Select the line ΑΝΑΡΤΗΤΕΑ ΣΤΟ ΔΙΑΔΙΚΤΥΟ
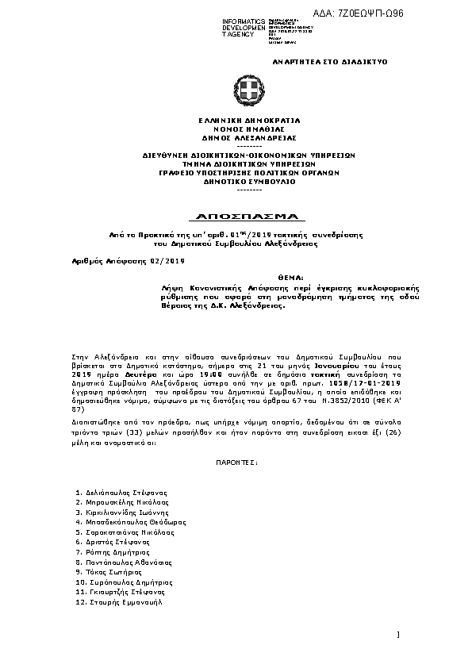[x=329, y=61]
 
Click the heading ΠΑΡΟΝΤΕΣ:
[x=237, y=460]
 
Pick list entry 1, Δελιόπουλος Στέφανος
[x=121, y=493]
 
